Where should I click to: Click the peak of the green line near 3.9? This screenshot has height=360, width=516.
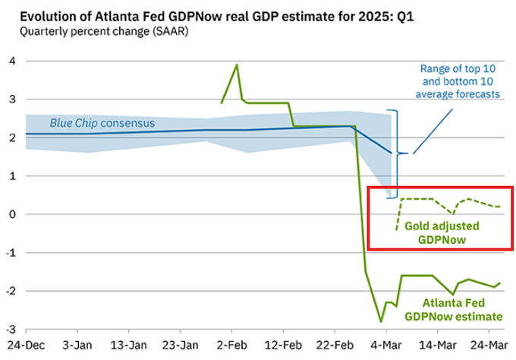pos(237,65)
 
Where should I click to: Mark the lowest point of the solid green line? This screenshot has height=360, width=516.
pos(382,321)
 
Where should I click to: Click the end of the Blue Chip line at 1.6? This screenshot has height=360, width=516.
pos(392,153)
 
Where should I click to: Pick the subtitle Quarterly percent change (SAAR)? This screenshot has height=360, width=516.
pos(95,31)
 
